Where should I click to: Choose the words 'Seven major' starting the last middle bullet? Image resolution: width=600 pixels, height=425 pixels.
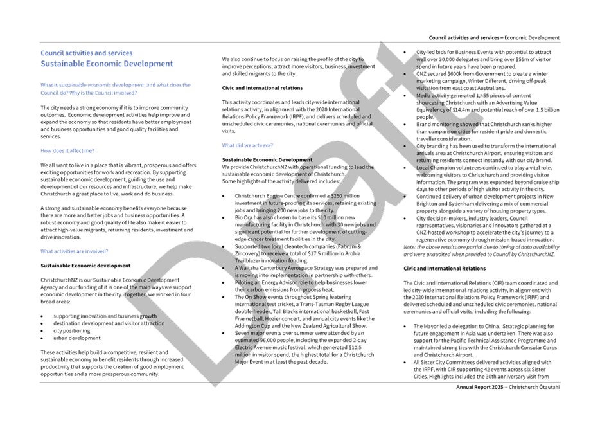tap(248, 333)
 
